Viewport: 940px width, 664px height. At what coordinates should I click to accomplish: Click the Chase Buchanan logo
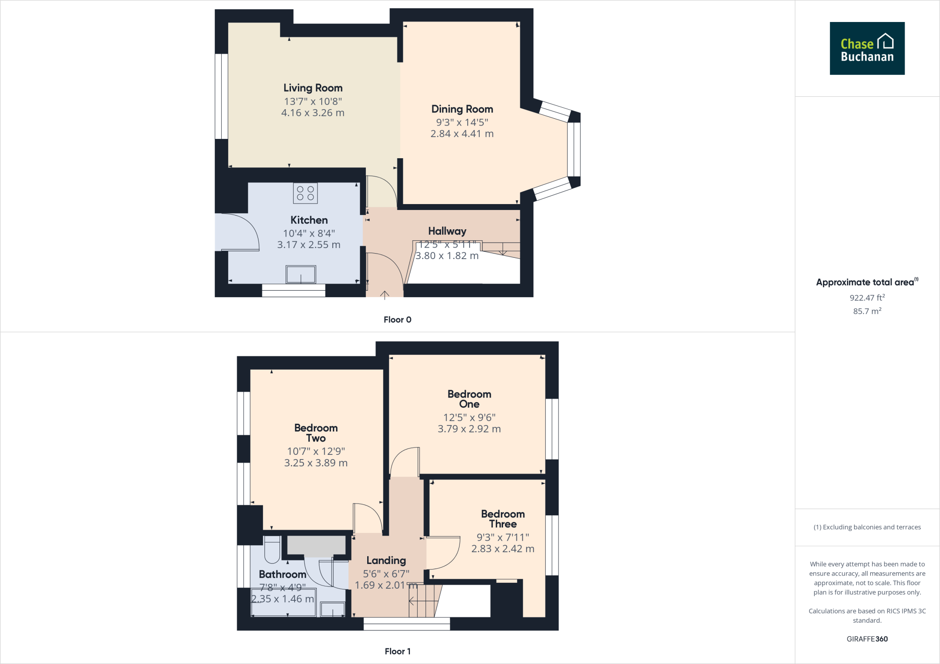tap(867, 48)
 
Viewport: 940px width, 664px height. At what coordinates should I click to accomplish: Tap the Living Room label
tap(313, 88)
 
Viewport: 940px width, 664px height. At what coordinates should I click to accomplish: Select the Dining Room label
tap(462, 109)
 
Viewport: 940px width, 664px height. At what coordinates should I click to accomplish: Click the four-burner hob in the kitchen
tap(305, 193)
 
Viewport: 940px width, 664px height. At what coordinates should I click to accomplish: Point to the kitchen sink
tap(301, 275)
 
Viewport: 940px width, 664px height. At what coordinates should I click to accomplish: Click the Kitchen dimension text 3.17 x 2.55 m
tap(308, 245)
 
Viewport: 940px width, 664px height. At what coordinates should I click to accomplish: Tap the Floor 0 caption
tap(397, 320)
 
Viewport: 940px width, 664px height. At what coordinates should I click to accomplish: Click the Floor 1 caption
tap(397, 651)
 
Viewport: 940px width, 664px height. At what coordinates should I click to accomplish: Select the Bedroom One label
tap(469, 399)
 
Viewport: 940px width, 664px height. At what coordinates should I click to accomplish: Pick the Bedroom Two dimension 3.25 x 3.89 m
tap(316, 463)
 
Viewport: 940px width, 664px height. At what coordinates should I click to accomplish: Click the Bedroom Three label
tap(503, 519)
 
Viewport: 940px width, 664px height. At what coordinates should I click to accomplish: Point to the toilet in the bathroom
tap(272, 549)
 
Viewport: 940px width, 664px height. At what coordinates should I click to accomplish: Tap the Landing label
tap(386, 560)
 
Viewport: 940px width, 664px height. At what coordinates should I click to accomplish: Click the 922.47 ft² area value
tap(867, 298)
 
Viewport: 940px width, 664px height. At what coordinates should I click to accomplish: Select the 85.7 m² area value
tap(867, 311)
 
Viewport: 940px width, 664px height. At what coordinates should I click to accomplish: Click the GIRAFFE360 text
tap(867, 639)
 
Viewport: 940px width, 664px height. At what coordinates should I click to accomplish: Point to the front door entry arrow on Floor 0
tap(385, 294)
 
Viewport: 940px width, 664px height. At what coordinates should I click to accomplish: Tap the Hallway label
tap(447, 231)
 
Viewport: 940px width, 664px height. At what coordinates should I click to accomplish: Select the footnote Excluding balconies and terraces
tap(867, 527)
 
